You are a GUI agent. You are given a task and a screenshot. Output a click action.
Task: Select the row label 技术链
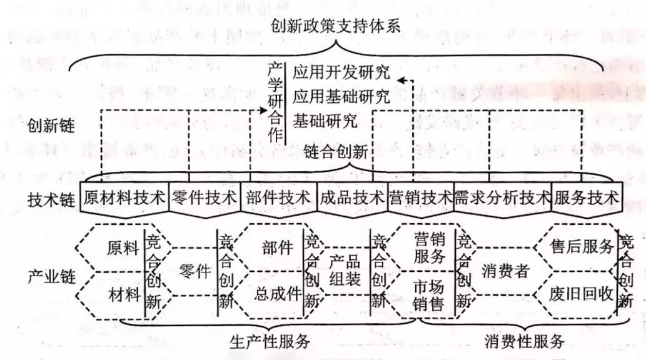51,199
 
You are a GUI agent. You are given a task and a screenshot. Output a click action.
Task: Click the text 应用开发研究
341,72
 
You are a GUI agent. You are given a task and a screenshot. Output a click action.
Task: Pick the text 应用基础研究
341,96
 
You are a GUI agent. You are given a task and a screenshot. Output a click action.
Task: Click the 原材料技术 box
124,198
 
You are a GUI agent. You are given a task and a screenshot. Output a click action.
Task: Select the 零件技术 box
204,198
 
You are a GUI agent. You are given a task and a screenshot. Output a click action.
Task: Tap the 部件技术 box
278,198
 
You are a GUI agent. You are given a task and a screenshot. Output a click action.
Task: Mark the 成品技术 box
351,198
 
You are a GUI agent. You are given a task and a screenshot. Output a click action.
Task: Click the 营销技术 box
420,198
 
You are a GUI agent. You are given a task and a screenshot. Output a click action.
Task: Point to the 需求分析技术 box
502,198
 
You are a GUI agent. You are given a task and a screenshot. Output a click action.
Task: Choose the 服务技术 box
586,198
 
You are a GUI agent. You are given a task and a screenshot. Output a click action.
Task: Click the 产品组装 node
345,270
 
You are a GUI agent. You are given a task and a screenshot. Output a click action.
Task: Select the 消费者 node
506,271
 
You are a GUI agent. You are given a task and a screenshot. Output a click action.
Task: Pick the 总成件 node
278,294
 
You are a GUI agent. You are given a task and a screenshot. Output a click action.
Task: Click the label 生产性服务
270,341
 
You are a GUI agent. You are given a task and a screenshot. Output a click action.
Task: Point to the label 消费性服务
525,341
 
